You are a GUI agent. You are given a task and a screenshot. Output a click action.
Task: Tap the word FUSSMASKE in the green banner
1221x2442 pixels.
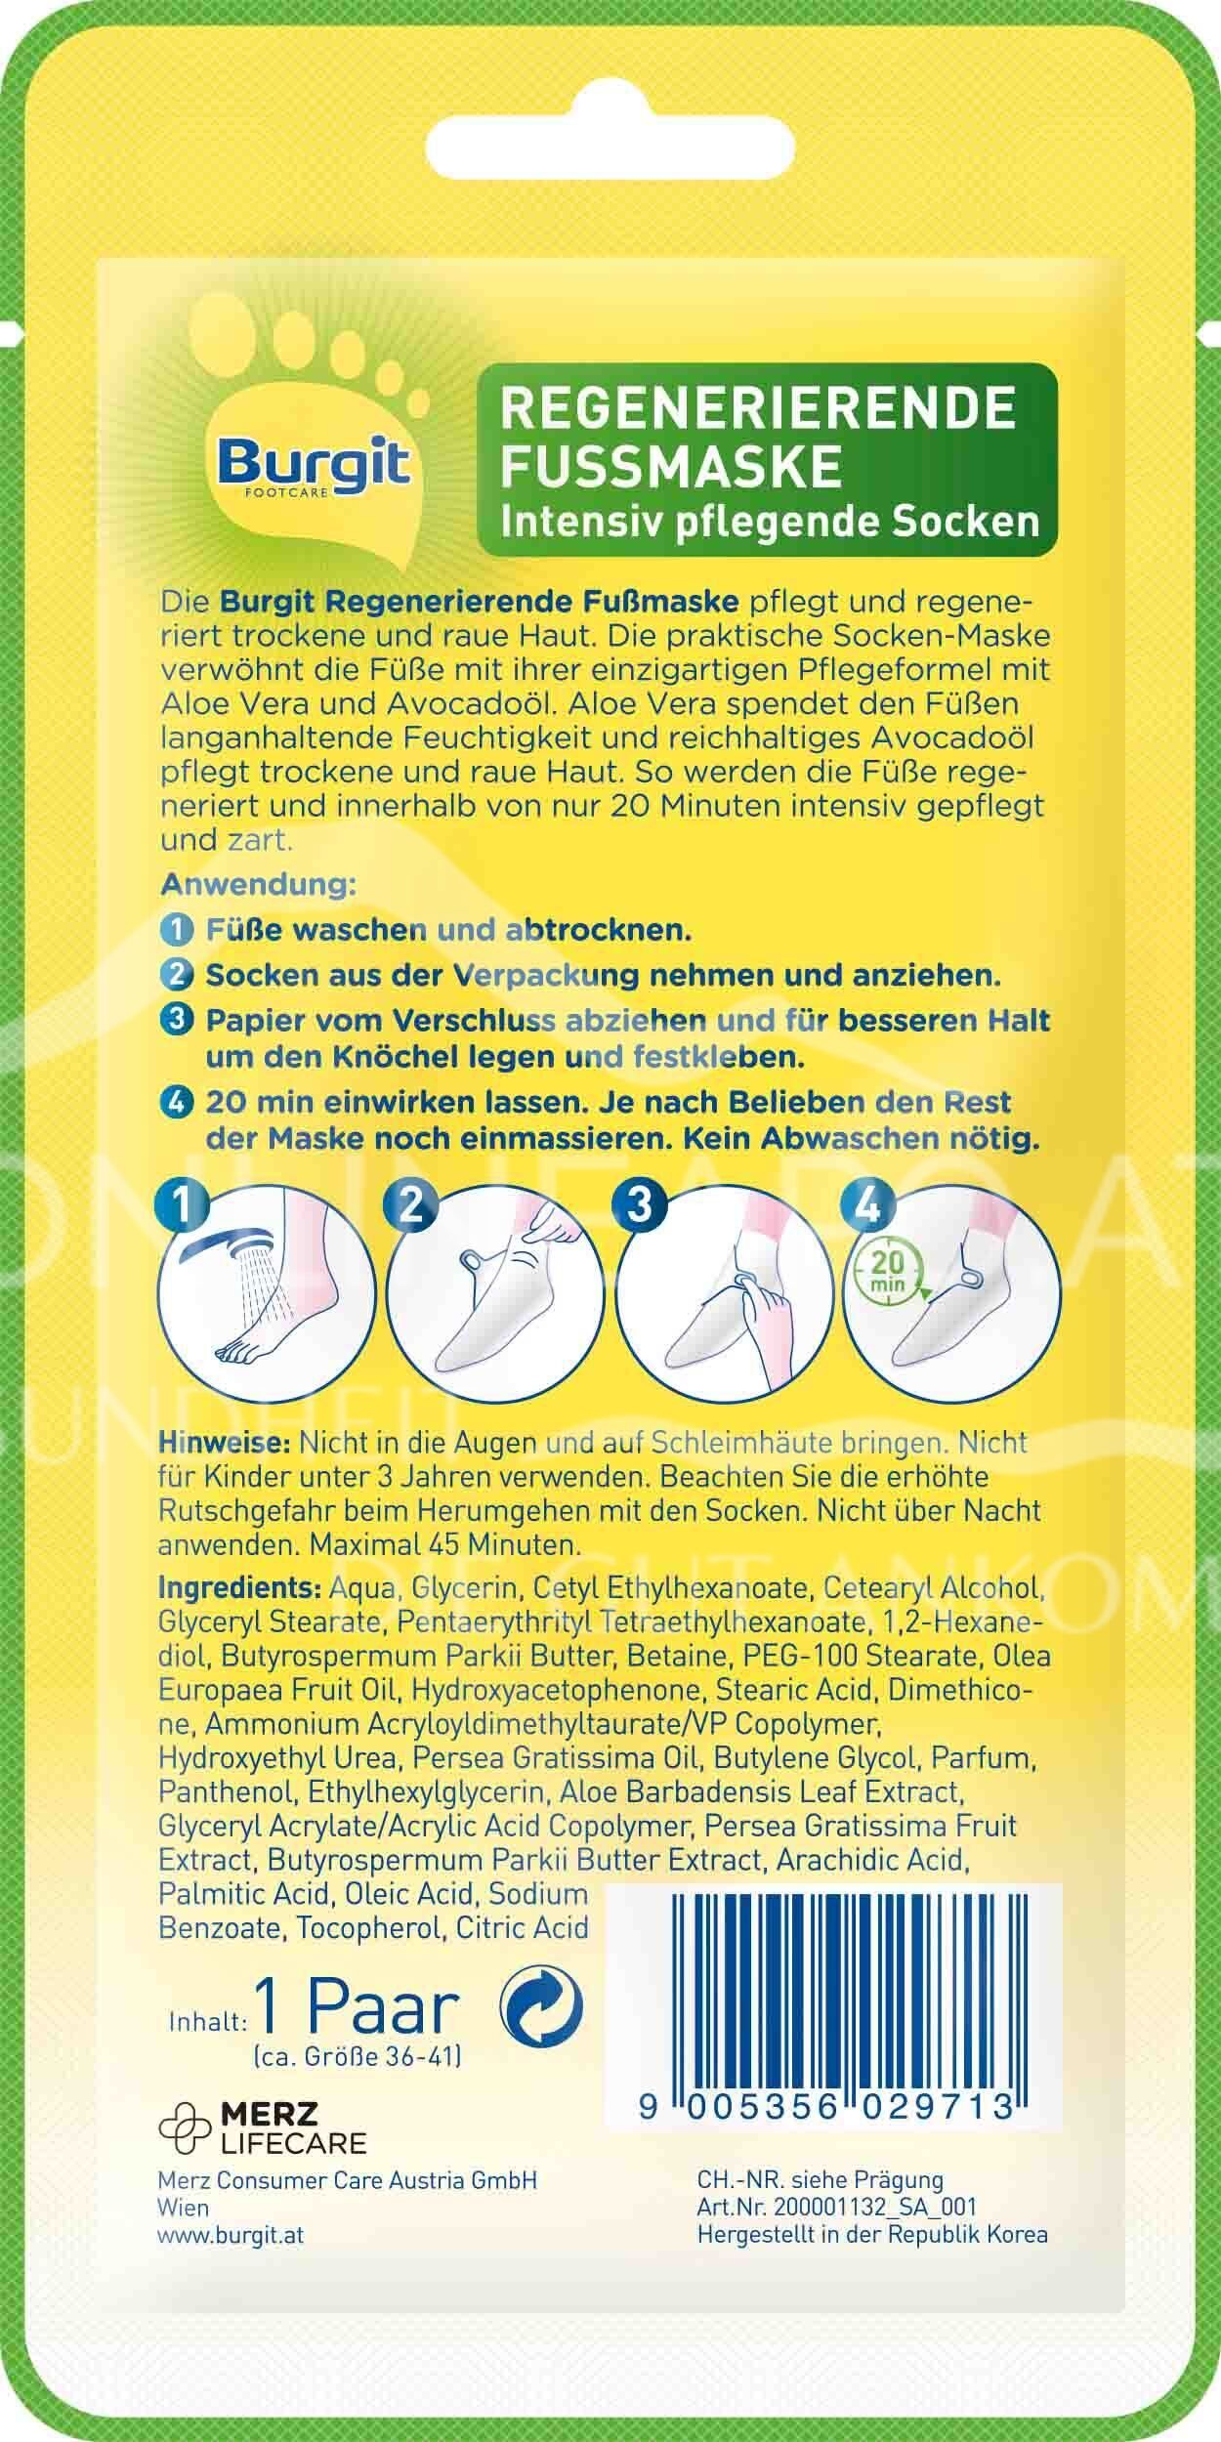coord(670,465)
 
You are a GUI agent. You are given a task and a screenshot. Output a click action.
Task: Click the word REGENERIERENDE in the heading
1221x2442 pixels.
coord(758,408)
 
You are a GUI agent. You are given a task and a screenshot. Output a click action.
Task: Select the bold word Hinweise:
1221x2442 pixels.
coord(225,1443)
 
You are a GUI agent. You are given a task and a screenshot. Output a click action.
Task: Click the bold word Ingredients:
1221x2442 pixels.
coord(240,1588)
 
